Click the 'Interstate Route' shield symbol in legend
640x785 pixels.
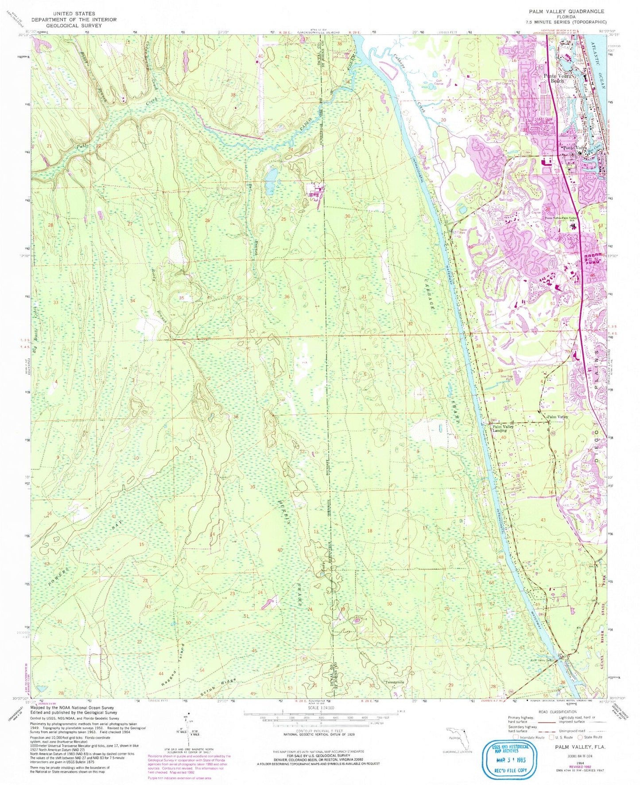coord(515,737)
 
